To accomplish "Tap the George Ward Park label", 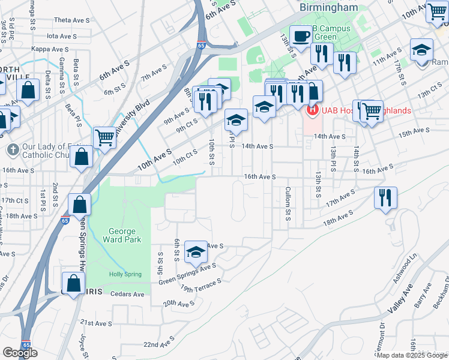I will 125,235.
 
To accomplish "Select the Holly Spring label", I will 125,274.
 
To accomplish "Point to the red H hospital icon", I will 312,110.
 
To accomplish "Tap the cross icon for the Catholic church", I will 11,149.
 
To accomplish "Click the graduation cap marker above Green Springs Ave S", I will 196,253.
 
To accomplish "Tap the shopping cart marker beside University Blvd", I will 105,137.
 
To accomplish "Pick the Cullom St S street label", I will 288,208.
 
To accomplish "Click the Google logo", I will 20,353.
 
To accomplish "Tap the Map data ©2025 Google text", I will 412,355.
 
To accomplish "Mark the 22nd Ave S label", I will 158,343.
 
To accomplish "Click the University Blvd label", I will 133,118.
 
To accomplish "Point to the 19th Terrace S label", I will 201,285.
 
